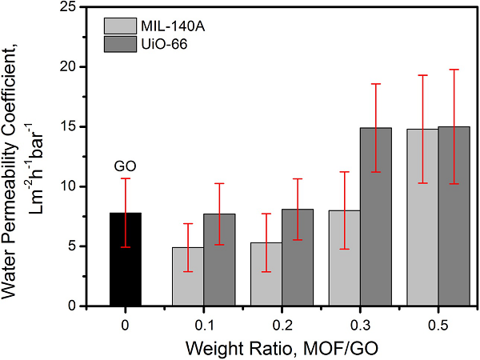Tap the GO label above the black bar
(x=125, y=167)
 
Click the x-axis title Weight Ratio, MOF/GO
(x=282, y=348)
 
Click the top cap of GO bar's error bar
(x=125, y=178)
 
